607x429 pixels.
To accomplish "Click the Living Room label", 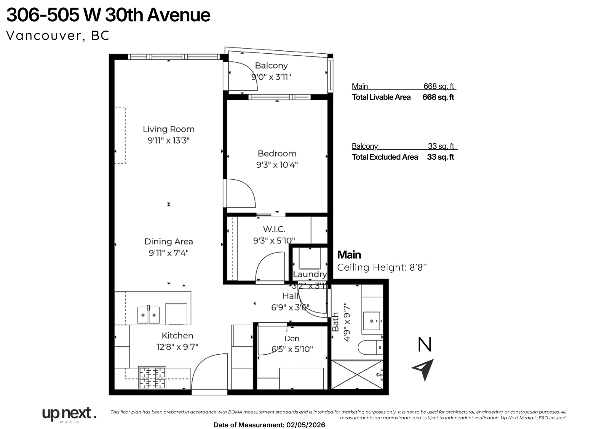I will point(168,129).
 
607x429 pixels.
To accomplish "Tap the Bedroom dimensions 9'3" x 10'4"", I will point(277,165).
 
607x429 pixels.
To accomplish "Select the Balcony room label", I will point(271,65).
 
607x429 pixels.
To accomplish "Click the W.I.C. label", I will point(274,229).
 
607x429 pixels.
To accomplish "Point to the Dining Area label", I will point(168,241).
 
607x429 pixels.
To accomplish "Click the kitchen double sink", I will point(148,315).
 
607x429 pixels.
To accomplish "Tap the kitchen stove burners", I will point(152,377).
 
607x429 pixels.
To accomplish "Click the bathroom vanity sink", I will point(371,321).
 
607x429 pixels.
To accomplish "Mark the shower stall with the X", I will point(357,374).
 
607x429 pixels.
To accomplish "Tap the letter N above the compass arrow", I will point(424,345).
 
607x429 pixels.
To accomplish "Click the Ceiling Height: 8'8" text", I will point(382,268).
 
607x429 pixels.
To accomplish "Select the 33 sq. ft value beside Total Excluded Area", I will point(440,157).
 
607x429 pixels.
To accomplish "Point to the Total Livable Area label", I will point(381,97).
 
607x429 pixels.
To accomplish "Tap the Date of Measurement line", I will point(269,425).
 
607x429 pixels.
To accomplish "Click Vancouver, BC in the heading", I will point(58,36).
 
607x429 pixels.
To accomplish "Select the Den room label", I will point(292,338).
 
